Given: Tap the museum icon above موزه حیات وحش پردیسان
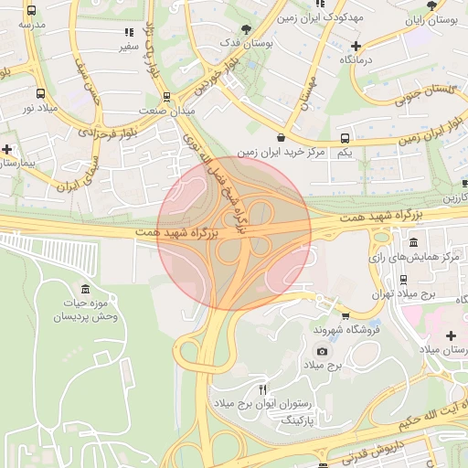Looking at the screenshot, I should (85, 290).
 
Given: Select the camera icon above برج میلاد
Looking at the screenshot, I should (322, 351).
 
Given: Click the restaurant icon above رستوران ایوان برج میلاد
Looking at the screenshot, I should (263, 390).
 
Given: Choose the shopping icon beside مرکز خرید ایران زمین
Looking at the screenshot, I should (279, 137).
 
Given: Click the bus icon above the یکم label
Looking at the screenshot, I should (344, 138).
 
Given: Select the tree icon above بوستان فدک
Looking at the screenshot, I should (245, 29).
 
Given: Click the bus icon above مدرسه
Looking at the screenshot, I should (32, 11).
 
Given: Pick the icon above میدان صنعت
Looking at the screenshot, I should (165, 96).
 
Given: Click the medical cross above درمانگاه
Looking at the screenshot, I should (356, 46).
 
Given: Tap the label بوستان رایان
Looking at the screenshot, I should (430, 19).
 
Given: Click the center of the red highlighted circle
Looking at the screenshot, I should (234, 234).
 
